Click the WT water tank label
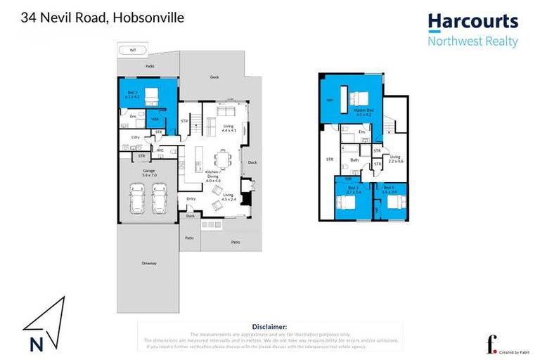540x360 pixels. point(133,51)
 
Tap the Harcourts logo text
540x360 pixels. point(472,22)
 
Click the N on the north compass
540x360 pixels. point(34,345)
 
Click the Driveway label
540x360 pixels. point(148,263)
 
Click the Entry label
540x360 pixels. point(191,199)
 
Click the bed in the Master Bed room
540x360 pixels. point(356,96)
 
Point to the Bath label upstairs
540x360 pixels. point(356,160)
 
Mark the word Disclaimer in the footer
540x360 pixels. point(269,327)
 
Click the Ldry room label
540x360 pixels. point(134,137)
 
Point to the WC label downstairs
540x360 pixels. point(160,150)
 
